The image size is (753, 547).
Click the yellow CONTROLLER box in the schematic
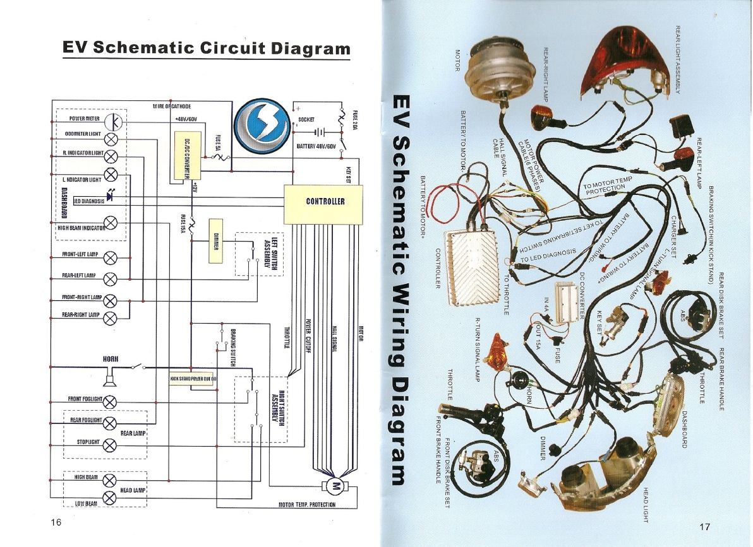click(325, 202)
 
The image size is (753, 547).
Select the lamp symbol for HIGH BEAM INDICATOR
click(112, 222)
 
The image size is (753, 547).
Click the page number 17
click(705, 526)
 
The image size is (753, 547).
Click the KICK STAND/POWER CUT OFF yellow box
click(193, 379)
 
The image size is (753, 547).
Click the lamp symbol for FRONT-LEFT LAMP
click(111, 257)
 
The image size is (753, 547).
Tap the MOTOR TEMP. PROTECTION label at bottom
click(307, 505)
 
